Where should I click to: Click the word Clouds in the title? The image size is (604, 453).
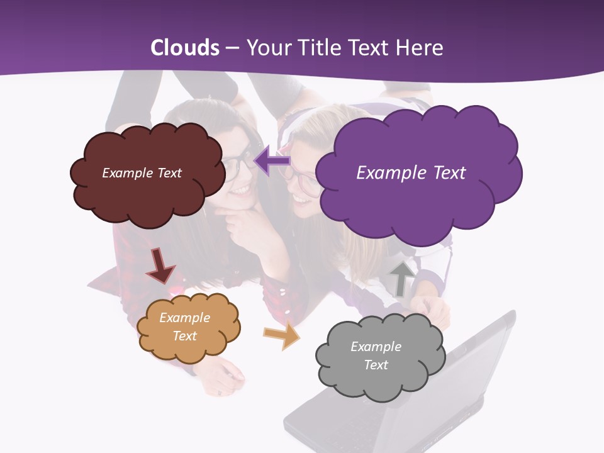(x=185, y=48)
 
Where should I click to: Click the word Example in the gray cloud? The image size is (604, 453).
(x=376, y=347)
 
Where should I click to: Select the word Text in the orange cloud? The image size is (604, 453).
(x=184, y=336)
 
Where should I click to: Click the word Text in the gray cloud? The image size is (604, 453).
(x=376, y=365)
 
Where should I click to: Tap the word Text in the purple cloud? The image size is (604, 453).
(x=450, y=172)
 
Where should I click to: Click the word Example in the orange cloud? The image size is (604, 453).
(x=184, y=318)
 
